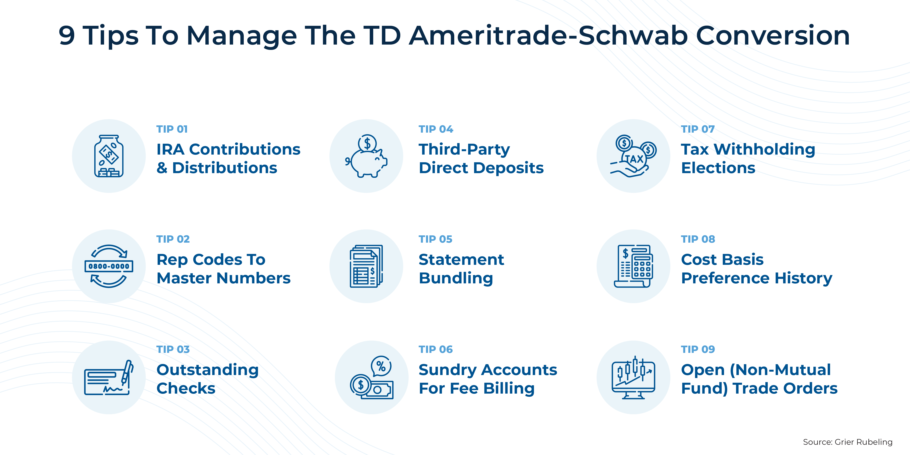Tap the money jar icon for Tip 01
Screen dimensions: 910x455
click(x=109, y=156)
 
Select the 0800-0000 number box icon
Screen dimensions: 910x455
click(x=109, y=266)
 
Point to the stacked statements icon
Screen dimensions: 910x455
click(x=366, y=266)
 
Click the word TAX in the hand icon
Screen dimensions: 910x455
click(x=634, y=159)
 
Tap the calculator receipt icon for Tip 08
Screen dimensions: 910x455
click(x=633, y=266)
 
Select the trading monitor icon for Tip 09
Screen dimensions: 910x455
click(x=633, y=377)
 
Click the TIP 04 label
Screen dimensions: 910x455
click(x=435, y=129)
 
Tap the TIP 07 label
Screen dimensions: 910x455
click(x=698, y=129)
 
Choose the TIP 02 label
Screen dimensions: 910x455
click(x=173, y=239)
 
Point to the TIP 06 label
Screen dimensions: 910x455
click(x=435, y=349)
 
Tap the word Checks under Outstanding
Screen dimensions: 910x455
click(x=186, y=388)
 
